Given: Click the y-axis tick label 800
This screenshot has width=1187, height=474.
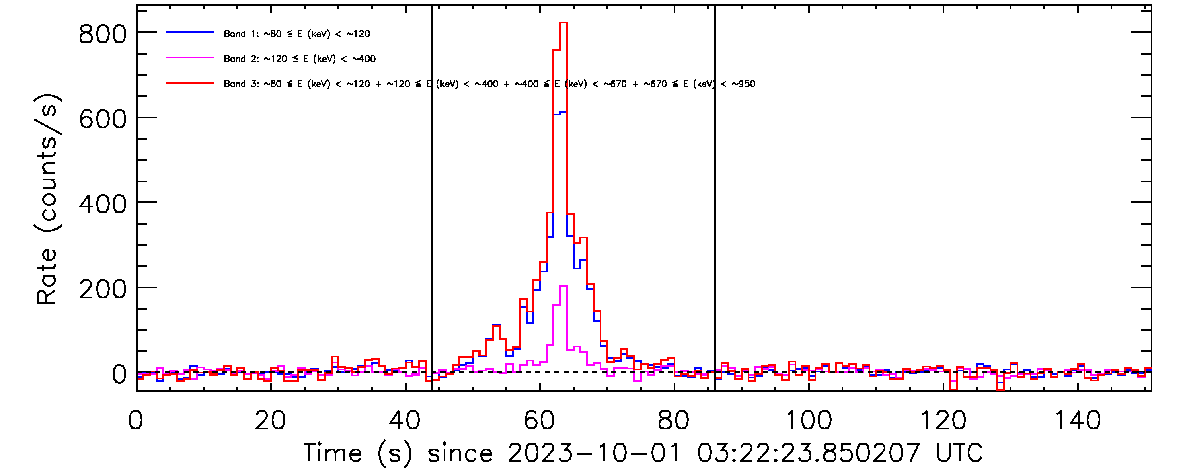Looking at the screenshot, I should point(102,34).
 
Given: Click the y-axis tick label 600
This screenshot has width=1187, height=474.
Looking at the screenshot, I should point(102,119).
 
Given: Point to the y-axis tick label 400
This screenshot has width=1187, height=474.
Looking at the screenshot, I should point(102,204).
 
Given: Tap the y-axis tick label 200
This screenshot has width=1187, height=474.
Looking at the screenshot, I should point(102,289).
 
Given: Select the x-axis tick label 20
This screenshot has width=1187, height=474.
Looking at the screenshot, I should point(270,420).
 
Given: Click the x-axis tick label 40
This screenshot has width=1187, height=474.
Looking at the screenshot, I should point(405,420).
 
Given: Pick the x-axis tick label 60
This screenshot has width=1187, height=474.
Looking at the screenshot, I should point(539,420).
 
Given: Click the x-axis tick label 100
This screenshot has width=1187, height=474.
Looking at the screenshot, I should point(808,420).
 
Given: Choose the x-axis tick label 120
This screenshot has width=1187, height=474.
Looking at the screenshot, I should point(943,420).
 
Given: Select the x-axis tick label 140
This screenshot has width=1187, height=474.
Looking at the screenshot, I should point(1077,420).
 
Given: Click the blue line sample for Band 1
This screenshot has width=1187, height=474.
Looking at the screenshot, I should point(190,33).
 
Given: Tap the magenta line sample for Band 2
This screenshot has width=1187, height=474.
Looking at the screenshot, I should point(190,58).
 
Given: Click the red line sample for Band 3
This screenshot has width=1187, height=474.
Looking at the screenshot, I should point(190,83).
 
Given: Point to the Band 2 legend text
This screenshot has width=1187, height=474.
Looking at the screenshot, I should point(300,59).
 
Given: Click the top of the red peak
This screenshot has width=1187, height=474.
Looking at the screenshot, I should point(563,23).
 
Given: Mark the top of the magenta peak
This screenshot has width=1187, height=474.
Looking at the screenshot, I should point(563,287).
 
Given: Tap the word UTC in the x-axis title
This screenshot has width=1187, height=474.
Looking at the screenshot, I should point(959,453).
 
